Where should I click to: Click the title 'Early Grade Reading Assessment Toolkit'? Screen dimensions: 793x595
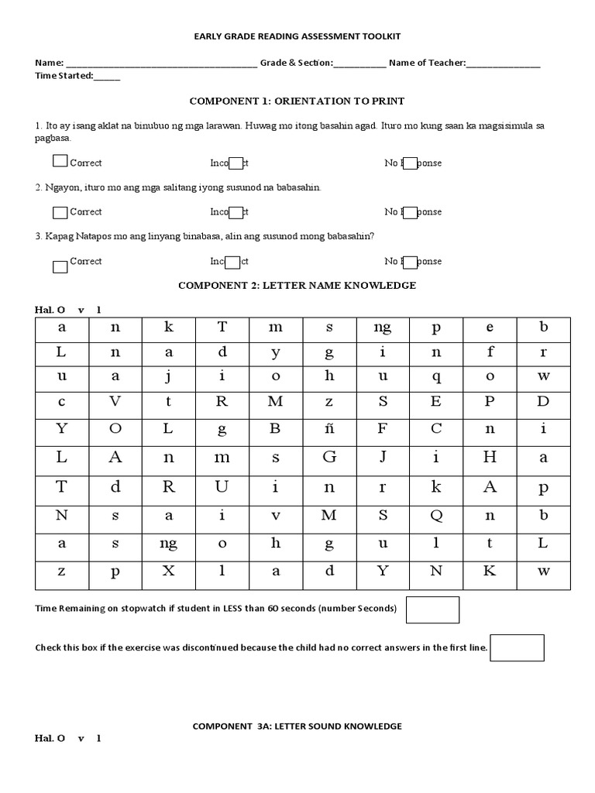pos(297,36)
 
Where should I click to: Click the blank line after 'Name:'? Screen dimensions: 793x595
pos(162,64)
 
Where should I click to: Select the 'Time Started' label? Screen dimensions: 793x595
pos(64,76)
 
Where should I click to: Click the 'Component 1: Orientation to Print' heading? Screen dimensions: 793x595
pos(297,101)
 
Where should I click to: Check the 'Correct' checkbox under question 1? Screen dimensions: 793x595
pos(60,162)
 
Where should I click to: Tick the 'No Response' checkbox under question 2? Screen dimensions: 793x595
pos(411,212)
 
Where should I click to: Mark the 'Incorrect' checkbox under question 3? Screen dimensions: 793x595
pos(236,262)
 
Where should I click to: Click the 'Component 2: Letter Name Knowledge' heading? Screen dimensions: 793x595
pos(297,285)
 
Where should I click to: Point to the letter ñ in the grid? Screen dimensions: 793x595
pos(329,428)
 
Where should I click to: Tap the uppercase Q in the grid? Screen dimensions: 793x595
pos(436,515)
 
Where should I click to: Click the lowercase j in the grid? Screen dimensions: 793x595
pos(169,376)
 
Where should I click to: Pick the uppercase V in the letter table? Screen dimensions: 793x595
pos(115,401)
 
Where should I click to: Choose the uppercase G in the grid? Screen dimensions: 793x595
pos(329,457)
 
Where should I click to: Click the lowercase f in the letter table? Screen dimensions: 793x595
pos(490,351)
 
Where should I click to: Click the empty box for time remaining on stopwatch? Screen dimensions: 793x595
pos(432,609)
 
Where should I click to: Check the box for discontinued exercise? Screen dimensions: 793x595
pos(517,647)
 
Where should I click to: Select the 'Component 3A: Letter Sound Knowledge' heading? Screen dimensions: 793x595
pos(297,726)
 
